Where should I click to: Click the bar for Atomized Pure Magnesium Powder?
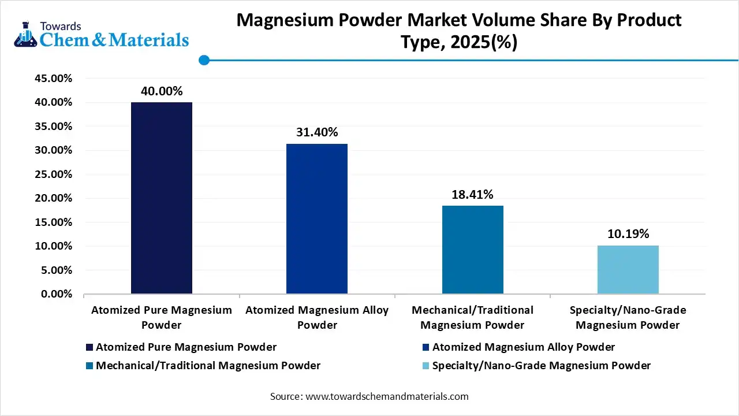(162, 198)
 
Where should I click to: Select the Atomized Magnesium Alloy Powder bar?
(317, 219)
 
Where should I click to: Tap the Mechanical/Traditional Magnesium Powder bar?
(472, 250)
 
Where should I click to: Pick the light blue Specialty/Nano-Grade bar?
(628, 270)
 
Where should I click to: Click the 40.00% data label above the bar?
(162, 91)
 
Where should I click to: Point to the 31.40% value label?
(317, 132)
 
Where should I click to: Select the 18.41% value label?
(472, 195)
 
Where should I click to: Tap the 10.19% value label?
(628, 234)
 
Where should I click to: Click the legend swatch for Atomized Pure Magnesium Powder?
(89, 347)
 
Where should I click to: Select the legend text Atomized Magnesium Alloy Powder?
(523, 347)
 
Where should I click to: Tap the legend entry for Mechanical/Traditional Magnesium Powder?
(208, 366)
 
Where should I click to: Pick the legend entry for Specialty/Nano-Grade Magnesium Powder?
(541, 366)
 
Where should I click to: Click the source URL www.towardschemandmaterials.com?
(386, 397)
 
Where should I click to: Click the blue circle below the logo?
(203, 60)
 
